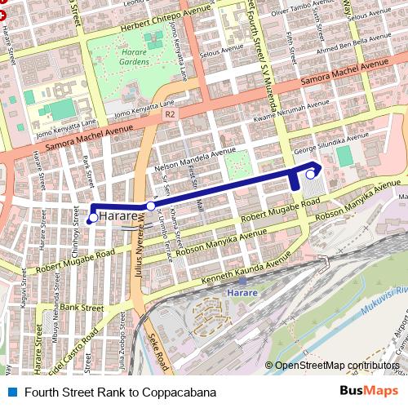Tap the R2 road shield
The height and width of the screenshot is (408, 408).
(169, 115)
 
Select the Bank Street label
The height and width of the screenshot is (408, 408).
(82, 308)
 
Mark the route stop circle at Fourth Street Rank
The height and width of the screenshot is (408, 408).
(311, 173)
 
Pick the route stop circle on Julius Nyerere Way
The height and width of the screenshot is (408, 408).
(149, 207)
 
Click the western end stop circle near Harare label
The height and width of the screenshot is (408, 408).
(93, 218)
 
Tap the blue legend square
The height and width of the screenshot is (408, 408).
(12, 392)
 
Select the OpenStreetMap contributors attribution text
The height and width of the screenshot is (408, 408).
(337, 366)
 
